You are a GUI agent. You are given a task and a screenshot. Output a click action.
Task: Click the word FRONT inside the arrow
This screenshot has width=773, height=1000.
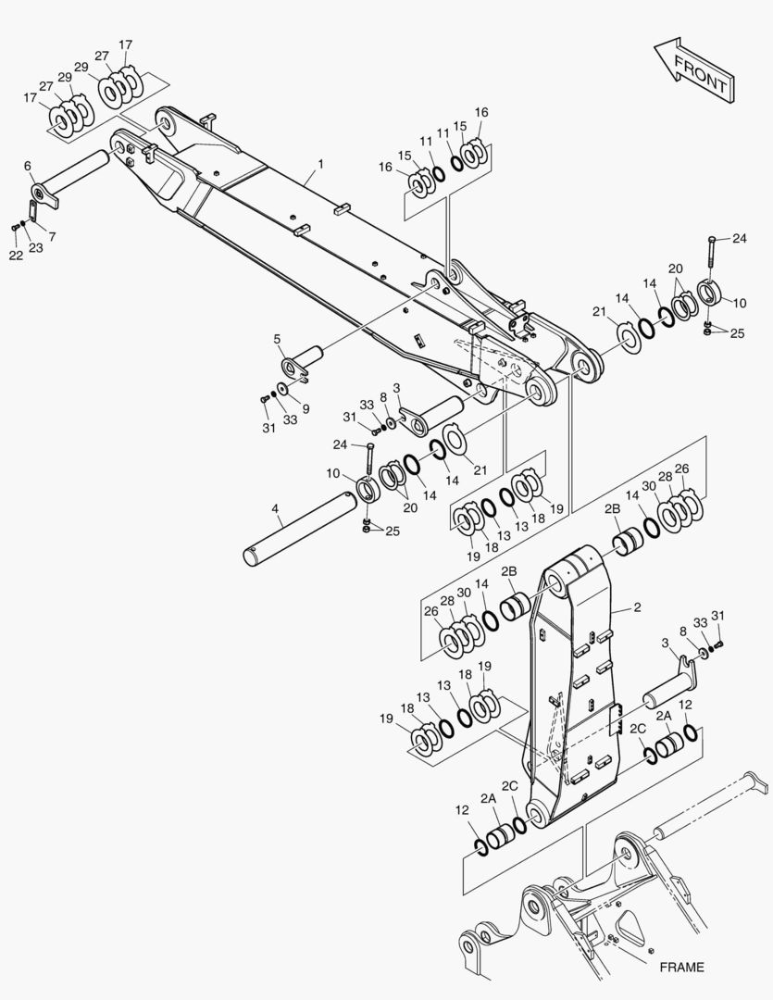[700, 73]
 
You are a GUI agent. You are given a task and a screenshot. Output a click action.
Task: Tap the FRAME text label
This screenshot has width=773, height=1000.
[681, 968]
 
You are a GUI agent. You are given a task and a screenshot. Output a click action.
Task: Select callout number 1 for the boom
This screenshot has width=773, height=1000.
[321, 164]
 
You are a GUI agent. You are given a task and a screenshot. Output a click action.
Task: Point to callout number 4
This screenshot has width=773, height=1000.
[275, 508]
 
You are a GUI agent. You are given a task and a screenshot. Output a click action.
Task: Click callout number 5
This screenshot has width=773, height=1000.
[278, 339]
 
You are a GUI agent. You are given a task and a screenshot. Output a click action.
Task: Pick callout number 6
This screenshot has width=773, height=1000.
[28, 166]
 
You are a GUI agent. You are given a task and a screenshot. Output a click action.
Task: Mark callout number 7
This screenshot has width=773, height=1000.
[52, 237]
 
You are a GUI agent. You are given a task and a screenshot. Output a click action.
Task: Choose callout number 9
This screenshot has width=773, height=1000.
[305, 409]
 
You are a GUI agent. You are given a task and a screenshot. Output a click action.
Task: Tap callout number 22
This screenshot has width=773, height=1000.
[16, 256]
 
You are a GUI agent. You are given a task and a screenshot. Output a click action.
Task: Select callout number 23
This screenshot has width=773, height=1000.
[36, 247]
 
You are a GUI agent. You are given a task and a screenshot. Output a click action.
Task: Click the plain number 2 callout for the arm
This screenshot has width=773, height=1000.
[637, 607]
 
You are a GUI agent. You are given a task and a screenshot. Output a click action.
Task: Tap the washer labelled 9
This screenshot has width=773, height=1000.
[282, 389]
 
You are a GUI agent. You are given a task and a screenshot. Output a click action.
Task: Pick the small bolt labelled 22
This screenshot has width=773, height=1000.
[15, 227]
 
